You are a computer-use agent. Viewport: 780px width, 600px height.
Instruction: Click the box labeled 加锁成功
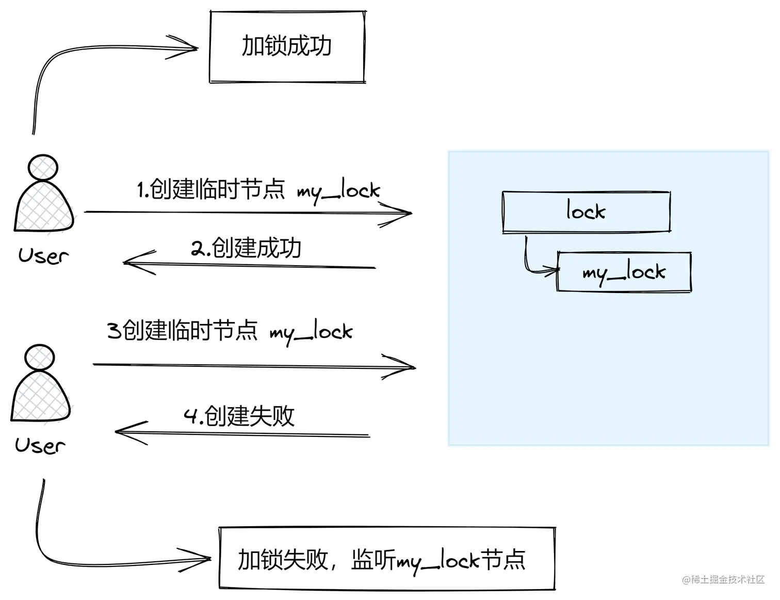point(287,46)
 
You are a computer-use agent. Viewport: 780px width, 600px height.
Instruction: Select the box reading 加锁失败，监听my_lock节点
point(387,559)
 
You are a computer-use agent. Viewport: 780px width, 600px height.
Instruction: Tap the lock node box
point(586,212)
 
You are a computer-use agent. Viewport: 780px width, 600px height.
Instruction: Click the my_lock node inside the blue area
point(624,272)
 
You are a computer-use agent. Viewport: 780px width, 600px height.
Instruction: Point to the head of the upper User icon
point(43,168)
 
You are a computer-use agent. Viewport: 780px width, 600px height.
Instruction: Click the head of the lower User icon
point(40,358)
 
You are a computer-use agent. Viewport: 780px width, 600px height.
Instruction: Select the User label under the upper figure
point(43,255)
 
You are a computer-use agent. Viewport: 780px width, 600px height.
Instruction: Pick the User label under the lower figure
point(40,445)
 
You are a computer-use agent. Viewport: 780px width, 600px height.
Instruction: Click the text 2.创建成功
point(246,248)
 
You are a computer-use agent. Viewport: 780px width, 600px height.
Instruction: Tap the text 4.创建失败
point(239,416)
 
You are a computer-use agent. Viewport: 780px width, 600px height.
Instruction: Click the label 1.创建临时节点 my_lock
point(258,190)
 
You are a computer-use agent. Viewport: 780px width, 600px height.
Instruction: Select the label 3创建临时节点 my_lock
point(230,331)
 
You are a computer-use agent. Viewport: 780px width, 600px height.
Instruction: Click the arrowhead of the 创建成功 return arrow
point(127,262)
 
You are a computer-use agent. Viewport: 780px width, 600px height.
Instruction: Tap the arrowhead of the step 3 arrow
point(412,367)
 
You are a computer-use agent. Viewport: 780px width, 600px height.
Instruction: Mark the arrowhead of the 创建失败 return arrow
point(119,432)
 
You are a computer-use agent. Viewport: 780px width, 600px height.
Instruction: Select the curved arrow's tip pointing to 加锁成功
point(195,48)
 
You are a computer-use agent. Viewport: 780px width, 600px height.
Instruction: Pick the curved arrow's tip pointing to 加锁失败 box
point(207,558)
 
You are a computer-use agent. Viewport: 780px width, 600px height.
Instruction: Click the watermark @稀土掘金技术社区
point(723,579)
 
